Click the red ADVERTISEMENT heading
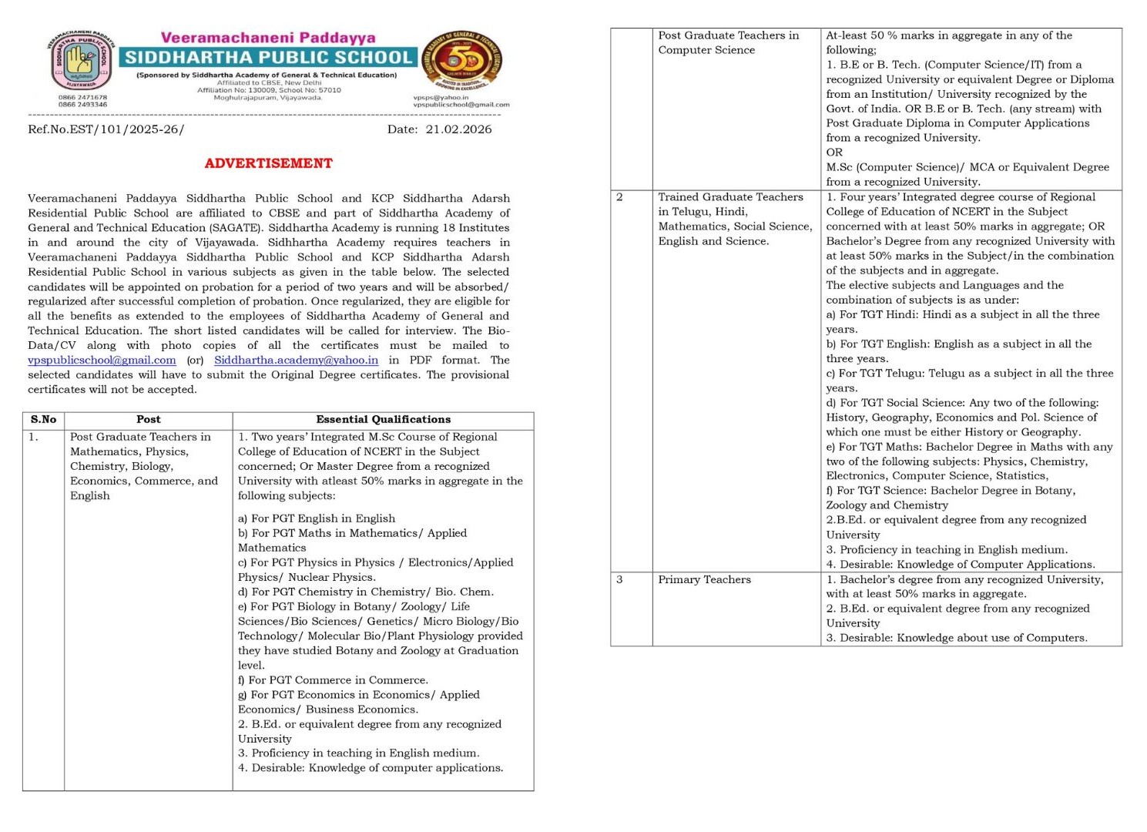(268, 163)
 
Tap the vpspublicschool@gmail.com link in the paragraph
(102, 360)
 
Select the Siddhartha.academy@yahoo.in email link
(296, 360)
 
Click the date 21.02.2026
(458, 129)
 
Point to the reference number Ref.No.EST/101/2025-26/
(106, 129)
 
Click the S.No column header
(43, 420)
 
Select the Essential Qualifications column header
(383, 420)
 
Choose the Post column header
(148, 420)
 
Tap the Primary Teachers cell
(704, 579)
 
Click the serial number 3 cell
(619, 579)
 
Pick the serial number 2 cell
(619, 197)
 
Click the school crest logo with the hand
(81, 61)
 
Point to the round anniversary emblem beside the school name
(463, 61)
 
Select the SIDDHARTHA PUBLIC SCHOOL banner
(268, 57)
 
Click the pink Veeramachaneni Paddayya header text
(268, 38)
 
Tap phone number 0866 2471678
(82, 98)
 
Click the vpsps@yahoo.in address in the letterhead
(441, 98)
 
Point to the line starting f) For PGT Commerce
(333, 680)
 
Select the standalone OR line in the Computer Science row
(834, 153)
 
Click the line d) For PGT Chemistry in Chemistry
(365, 592)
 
